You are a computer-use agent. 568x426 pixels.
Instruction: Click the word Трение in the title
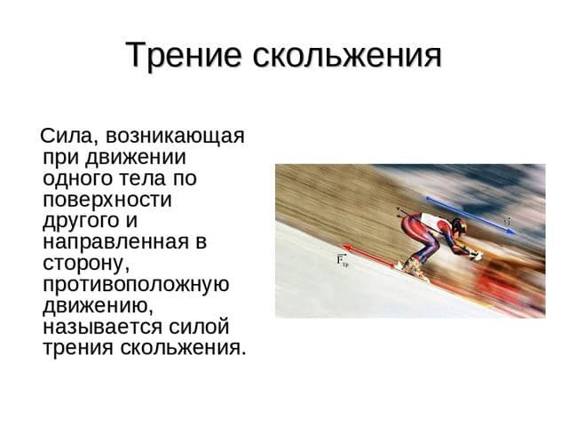tap(184, 56)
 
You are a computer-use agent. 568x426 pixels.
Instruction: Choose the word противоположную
tap(136, 284)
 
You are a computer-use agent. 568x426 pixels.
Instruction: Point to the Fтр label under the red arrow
tap(343, 261)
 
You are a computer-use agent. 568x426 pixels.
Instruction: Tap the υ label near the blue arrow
tap(508, 219)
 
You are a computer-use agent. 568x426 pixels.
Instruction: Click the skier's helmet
tap(458, 226)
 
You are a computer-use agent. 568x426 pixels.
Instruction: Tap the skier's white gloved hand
tap(475, 256)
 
